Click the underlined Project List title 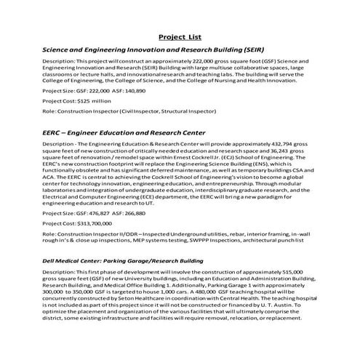click(x=180, y=36)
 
